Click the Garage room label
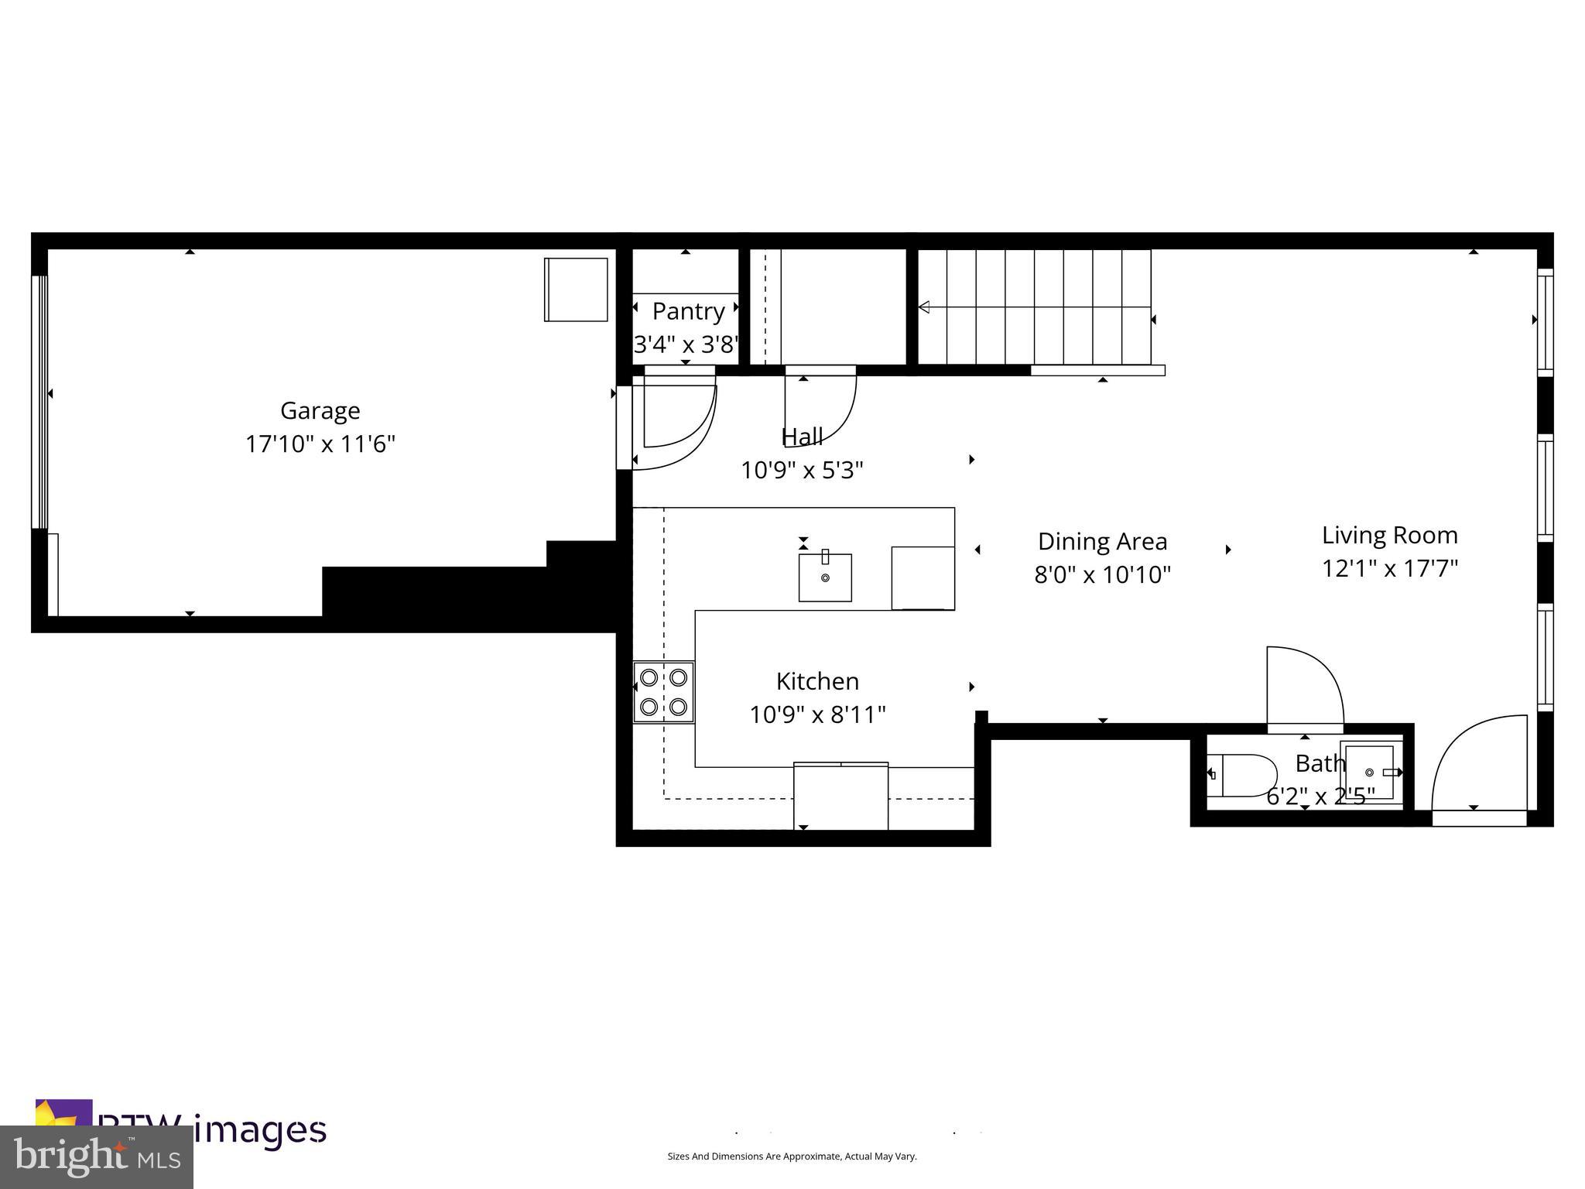coord(320,410)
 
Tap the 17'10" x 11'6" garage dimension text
coord(320,444)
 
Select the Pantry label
coord(688,311)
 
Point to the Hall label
coord(802,437)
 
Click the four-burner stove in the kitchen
coord(663,692)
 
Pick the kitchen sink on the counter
coord(825,577)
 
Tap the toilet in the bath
coord(1243,775)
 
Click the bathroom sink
coord(1371,772)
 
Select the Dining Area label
coord(1102,541)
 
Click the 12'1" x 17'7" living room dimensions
coord(1389,569)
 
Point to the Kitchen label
coord(817,681)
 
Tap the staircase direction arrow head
coord(923,307)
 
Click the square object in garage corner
coord(576,290)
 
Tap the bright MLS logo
coord(96,1156)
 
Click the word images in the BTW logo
coord(260,1129)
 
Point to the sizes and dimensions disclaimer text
coord(792,1156)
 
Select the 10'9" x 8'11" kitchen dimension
coord(817,714)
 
